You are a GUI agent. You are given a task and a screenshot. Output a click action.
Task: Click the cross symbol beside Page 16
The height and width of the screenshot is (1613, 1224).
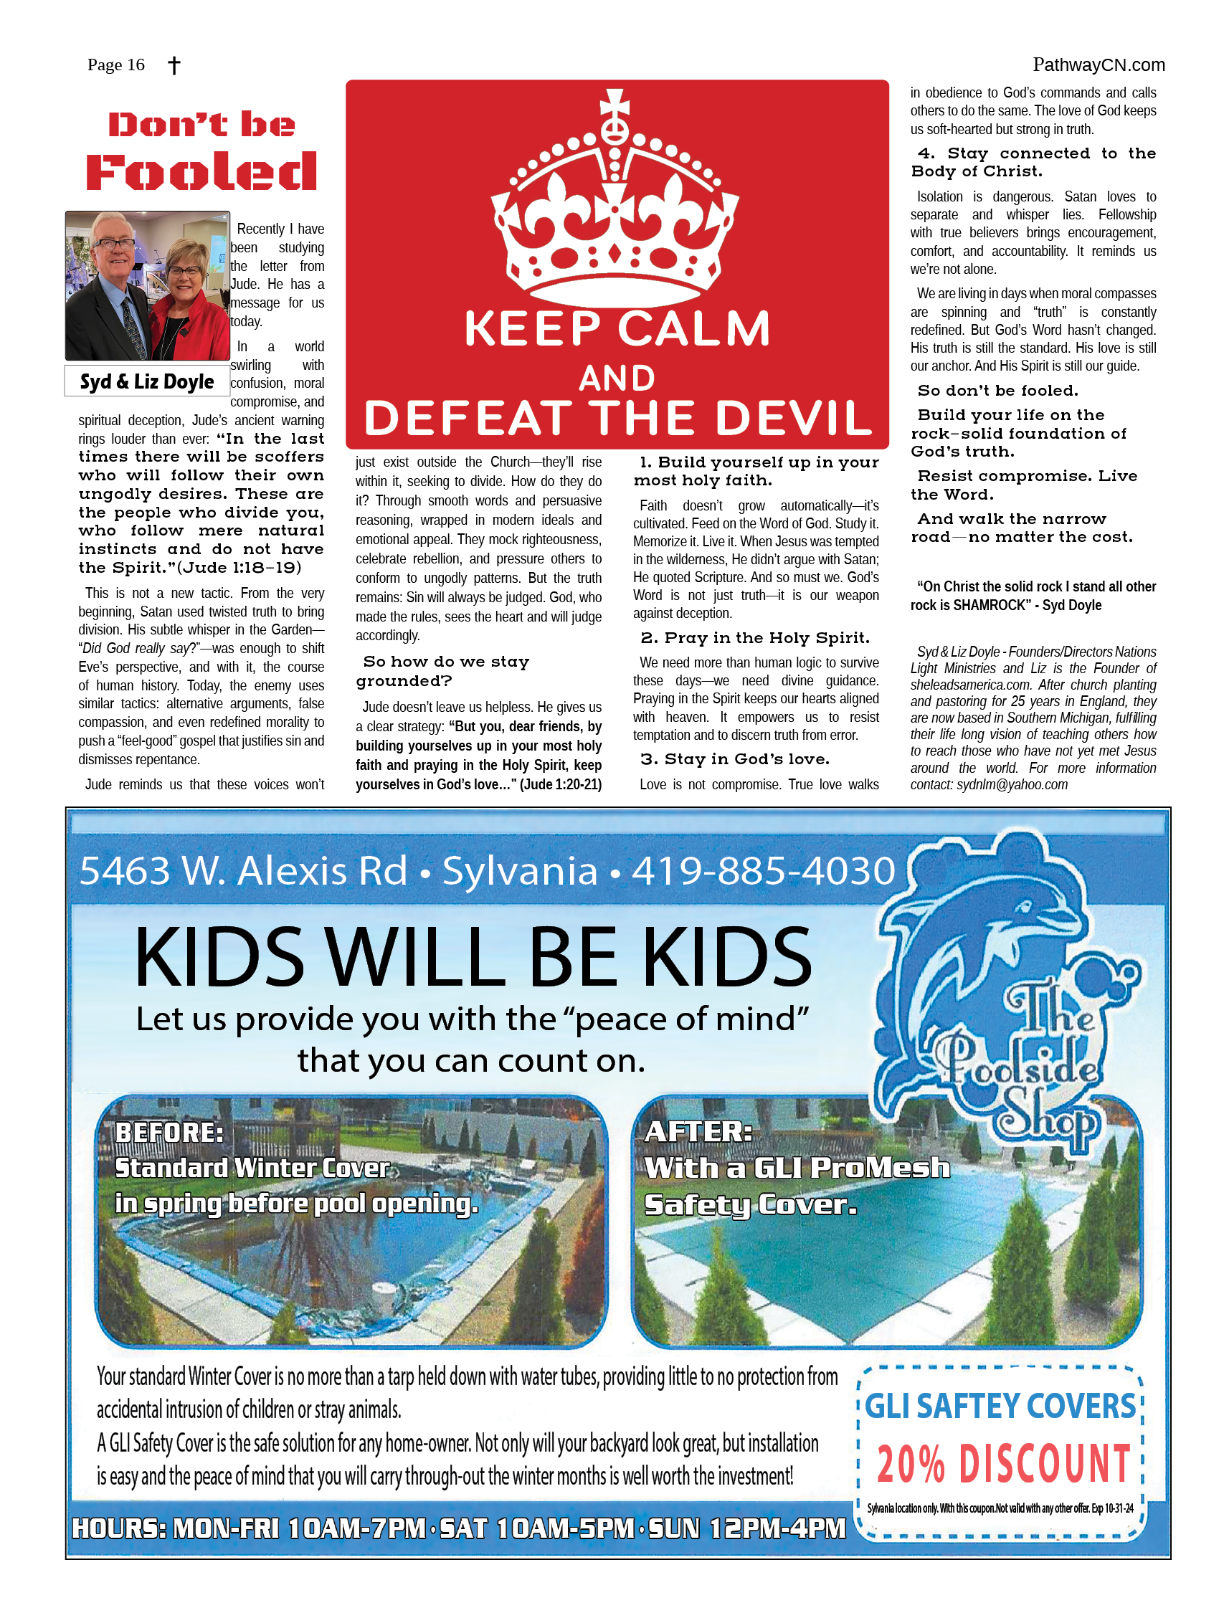click(174, 65)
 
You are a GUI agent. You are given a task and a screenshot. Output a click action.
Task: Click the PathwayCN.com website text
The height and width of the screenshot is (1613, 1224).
click(1098, 65)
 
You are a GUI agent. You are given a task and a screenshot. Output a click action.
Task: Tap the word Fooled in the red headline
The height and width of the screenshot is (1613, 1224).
click(201, 172)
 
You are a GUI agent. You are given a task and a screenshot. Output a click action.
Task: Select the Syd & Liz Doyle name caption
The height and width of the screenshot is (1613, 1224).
click(146, 381)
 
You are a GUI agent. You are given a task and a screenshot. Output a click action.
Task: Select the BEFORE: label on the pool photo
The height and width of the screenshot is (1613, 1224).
click(169, 1133)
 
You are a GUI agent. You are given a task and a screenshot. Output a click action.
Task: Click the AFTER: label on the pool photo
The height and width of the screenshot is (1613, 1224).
click(698, 1132)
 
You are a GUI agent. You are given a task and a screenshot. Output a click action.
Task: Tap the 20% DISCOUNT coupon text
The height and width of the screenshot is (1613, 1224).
click(1003, 1463)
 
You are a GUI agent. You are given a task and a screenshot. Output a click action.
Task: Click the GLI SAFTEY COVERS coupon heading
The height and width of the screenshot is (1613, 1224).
click(1000, 1407)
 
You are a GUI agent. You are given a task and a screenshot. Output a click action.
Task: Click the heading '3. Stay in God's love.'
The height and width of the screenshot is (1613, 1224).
click(734, 759)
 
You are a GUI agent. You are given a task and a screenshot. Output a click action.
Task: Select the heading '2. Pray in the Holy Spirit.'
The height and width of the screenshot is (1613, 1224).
click(755, 638)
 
